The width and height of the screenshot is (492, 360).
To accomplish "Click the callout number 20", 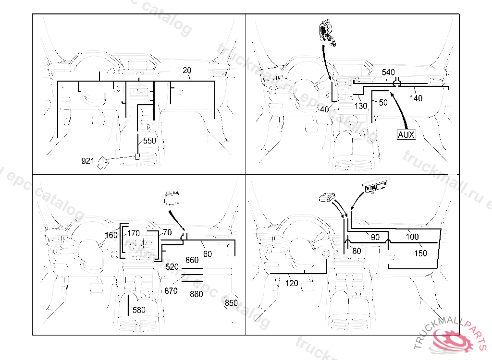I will click(x=187, y=71).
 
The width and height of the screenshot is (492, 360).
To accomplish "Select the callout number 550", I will click(x=150, y=141).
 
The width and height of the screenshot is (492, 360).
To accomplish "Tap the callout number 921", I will click(x=87, y=161).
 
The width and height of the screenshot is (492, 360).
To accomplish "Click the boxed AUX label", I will click(x=406, y=135).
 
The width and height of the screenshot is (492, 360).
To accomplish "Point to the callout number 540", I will click(x=388, y=72).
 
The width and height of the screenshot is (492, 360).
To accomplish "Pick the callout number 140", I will click(x=416, y=98).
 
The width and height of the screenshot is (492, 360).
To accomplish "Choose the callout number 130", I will click(x=361, y=106).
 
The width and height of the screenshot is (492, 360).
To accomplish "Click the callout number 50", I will click(x=383, y=103).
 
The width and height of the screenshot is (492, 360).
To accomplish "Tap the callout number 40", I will click(x=324, y=109).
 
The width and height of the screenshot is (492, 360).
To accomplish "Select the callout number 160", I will click(x=111, y=235).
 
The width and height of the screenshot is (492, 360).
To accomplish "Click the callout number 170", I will click(x=134, y=234).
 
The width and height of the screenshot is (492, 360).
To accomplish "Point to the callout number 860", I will click(x=192, y=260).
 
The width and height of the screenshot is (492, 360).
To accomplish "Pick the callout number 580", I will click(x=139, y=310).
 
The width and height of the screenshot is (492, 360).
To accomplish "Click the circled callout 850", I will click(x=232, y=303).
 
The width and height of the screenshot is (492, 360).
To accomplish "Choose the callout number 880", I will click(x=197, y=294).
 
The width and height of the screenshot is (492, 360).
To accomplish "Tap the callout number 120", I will click(x=292, y=283).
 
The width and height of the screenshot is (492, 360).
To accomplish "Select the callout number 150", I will click(x=420, y=253).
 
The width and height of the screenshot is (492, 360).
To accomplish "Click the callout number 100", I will click(x=412, y=237).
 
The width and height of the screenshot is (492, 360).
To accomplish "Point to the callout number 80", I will click(x=357, y=251).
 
